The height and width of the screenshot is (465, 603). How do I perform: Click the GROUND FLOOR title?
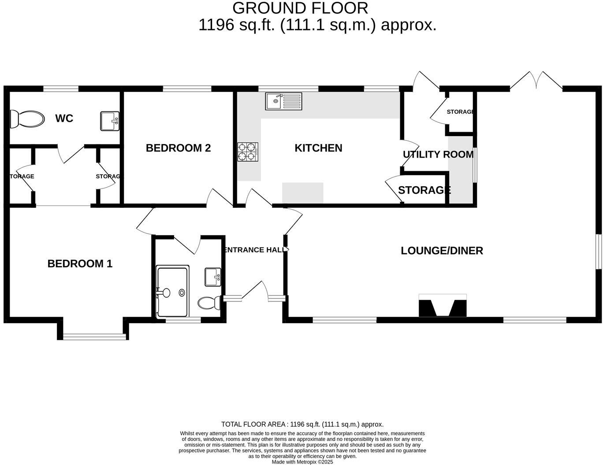[300, 8]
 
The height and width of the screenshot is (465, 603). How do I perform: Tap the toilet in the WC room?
[27, 119]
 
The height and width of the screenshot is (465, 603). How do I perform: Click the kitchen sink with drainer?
[283, 101]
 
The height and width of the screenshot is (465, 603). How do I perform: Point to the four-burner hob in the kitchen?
[247, 151]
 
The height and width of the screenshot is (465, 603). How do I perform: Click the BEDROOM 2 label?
[178, 148]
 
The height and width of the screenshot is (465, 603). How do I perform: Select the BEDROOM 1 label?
[80, 264]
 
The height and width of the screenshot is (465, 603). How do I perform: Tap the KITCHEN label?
[318, 148]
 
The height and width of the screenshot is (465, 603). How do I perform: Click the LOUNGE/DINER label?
[442, 251]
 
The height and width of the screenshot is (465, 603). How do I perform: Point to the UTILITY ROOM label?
[438, 155]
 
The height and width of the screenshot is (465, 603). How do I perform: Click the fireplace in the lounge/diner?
[442, 306]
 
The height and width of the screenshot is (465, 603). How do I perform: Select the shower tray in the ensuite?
[173, 292]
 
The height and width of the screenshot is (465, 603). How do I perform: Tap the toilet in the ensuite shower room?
[209, 303]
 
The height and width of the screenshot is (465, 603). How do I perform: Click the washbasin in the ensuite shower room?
[212, 277]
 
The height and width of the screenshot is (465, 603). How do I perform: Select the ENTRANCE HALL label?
[255, 250]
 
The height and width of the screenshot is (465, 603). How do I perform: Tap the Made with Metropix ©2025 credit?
[302, 462]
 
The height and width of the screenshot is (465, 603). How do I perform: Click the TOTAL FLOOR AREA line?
[302, 424]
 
